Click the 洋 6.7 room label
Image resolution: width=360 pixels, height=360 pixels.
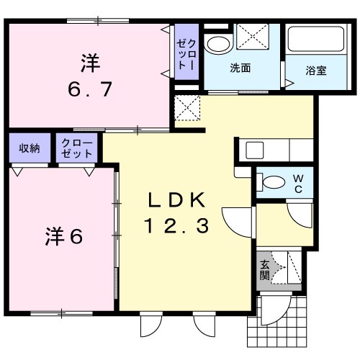tap(90, 75)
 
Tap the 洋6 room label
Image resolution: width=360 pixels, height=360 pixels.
tap(64, 236)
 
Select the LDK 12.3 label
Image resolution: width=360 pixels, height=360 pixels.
tap(176, 212)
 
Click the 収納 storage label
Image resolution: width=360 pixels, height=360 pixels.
tap(30, 148)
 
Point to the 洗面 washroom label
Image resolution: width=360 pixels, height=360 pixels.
tap(240, 68)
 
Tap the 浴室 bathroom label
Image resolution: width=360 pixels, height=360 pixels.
tap(316, 71)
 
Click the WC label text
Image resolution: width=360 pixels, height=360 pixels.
tap(298, 184)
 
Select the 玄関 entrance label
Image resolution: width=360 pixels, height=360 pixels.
tap(265, 270)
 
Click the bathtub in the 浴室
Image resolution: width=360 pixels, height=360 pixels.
tap(316, 39)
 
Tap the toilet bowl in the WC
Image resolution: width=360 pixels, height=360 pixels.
tap(271, 182)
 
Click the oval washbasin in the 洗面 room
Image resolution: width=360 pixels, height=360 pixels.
tap(218, 45)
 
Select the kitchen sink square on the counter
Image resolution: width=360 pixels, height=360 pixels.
tap(255, 150)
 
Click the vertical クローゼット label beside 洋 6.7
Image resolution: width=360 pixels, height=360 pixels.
tap(186, 54)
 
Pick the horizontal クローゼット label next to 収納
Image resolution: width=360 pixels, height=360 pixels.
tap(77, 148)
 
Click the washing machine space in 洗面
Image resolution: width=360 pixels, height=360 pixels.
tap(253, 37)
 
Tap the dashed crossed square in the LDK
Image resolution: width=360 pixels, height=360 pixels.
tap(187, 108)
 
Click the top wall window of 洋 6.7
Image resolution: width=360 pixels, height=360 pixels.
tap(98, 21)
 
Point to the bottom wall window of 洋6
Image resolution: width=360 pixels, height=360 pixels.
tap(62, 313)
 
